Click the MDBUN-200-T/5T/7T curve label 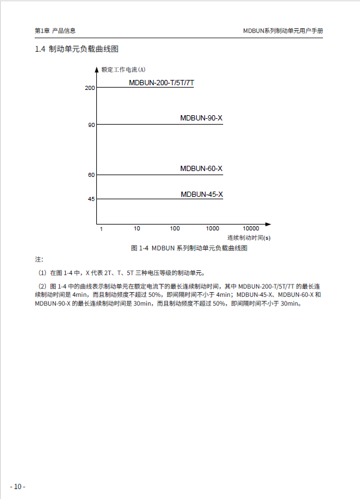coord(162,83)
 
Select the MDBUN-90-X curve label coord(201,119)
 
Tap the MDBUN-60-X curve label coord(201,169)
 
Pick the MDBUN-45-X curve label coord(201,194)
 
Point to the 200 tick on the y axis coord(90,88)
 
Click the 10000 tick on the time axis coord(251,228)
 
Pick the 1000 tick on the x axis coord(212,228)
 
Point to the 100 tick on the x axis coord(175,228)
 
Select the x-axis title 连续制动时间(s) coord(249,238)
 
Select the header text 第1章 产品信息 coord(55,31)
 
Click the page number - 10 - coord(18,487)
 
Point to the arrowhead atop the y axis coord(97,69)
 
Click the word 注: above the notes coord(39,259)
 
